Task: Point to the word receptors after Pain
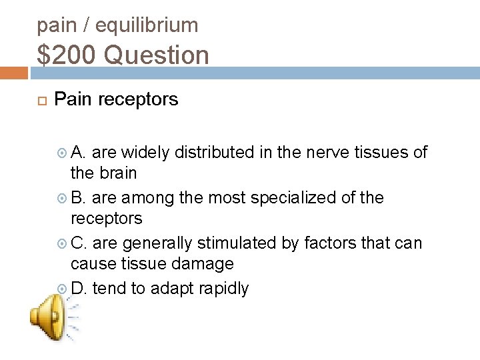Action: (x=139, y=99)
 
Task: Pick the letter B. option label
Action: (x=79, y=197)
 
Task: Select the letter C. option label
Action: (x=79, y=243)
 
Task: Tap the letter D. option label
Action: (x=79, y=288)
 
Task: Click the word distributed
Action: (x=214, y=152)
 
